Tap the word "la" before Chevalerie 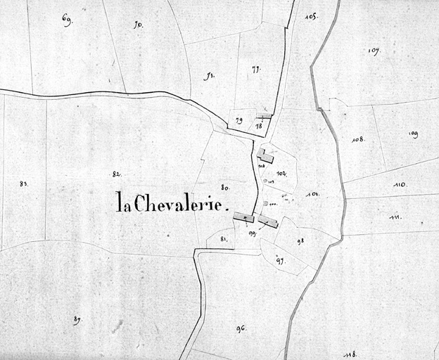(x=123, y=202)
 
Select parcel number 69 (x=67, y=20)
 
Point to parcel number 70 (x=138, y=25)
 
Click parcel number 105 (x=312, y=15)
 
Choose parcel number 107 (x=374, y=51)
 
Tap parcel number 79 (x=238, y=121)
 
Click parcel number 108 (x=359, y=139)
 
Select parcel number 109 (x=413, y=134)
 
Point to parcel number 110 (x=400, y=185)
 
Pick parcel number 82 (x=116, y=174)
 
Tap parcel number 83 (x=23, y=184)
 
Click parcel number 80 (x=225, y=187)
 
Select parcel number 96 (x=241, y=328)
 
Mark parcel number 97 (x=280, y=260)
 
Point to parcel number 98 (x=300, y=240)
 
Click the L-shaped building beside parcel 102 (x=265, y=156)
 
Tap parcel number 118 (x=350, y=354)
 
